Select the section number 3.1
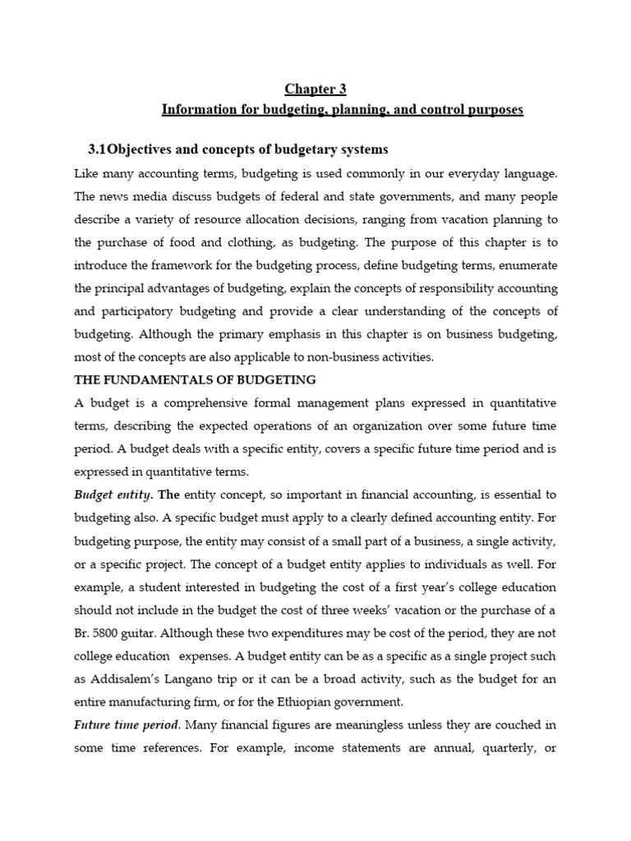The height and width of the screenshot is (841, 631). click(x=98, y=149)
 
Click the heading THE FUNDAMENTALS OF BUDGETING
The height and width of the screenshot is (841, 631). click(x=195, y=379)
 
